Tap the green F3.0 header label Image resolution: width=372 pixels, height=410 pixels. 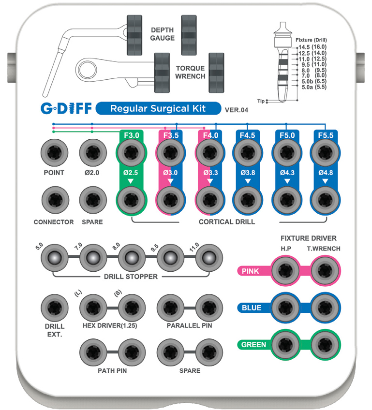pyautogui.click(x=131, y=136)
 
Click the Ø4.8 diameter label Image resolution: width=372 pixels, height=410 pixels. pyautogui.click(x=326, y=172)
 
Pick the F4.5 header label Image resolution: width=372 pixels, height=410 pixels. pyautogui.click(x=248, y=136)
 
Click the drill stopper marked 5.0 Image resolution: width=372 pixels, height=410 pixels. pyautogui.click(x=53, y=256)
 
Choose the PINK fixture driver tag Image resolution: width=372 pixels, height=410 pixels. pyautogui.click(x=251, y=271)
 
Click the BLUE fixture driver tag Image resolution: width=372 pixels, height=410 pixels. pyautogui.click(x=251, y=307)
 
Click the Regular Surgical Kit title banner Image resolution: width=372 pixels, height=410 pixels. pyautogui.click(x=158, y=108)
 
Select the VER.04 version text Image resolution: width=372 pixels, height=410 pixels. pyautogui.click(x=237, y=110)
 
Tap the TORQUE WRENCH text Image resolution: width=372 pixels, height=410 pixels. pyautogui.click(x=190, y=72)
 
